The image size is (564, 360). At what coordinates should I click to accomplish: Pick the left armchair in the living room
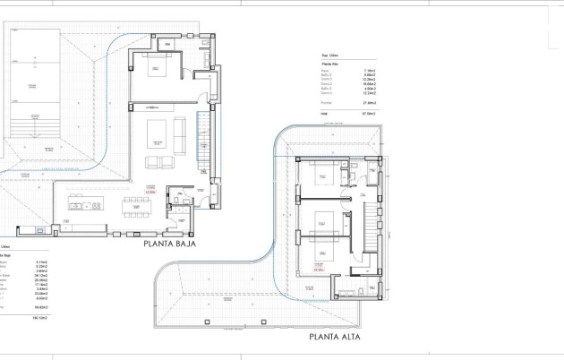coord(150,162)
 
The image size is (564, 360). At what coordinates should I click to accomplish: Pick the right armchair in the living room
coord(167,162)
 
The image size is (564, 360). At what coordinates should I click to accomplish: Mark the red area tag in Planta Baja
coord(150,191)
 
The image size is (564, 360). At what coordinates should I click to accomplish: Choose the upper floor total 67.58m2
coord(368,114)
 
